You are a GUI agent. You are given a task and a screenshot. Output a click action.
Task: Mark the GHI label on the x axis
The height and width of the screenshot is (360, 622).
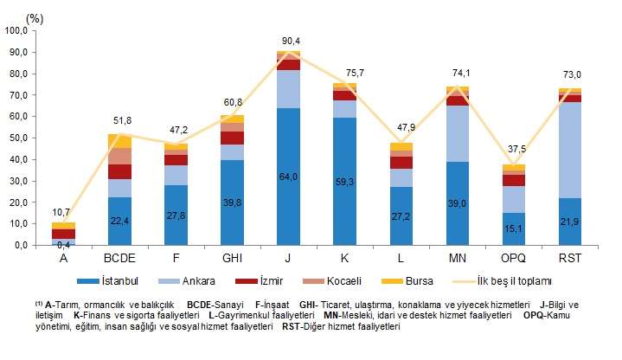233,257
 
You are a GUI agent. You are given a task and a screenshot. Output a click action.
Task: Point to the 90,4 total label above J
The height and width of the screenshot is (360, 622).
290,41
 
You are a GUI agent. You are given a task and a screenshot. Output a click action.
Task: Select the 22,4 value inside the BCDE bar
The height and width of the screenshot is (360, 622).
121,221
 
